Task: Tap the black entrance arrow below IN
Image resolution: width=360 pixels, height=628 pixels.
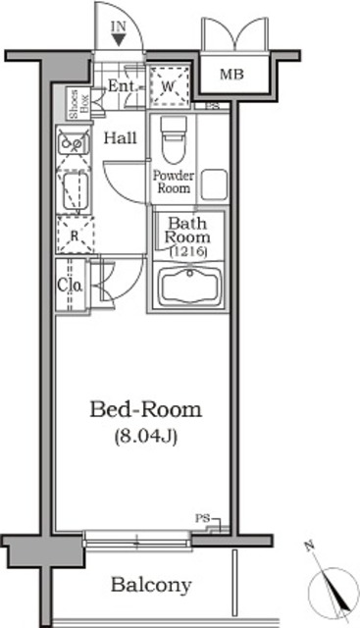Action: (x=119, y=39)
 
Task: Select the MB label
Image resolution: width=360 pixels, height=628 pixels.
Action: (x=231, y=74)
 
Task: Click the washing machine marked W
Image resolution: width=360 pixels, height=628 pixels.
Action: (x=169, y=86)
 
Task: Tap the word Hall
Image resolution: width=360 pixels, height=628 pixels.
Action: (x=122, y=139)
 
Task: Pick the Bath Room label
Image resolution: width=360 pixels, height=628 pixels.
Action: (x=184, y=230)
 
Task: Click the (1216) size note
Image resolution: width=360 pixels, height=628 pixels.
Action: (x=184, y=252)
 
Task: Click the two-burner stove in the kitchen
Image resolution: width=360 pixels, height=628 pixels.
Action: (x=73, y=141)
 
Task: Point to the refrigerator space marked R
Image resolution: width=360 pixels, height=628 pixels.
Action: (x=74, y=234)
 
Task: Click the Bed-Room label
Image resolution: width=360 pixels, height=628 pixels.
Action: (x=146, y=409)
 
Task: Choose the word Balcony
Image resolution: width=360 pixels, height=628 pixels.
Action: (x=150, y=585)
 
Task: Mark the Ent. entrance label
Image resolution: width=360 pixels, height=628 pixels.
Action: (x=123, y=86)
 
